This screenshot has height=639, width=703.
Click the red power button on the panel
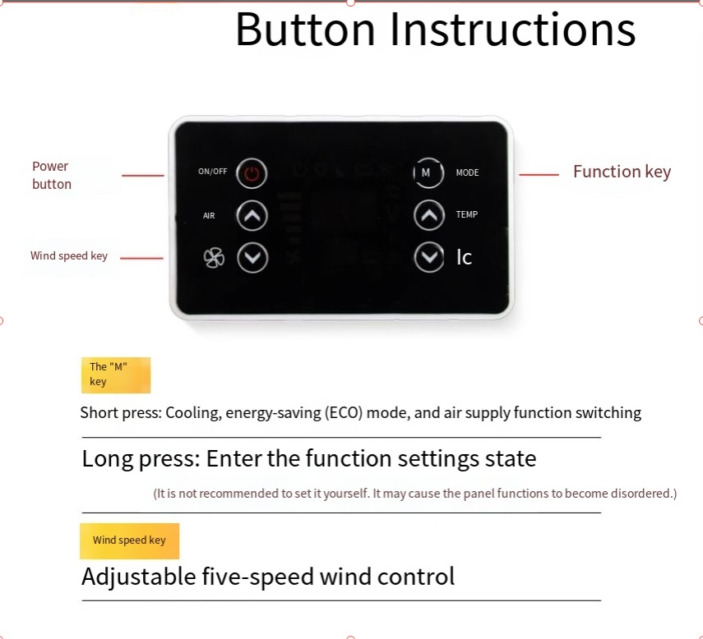(x=252, y=173)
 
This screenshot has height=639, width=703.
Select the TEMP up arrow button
(x=428, y=216)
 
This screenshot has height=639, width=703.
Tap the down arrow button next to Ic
(x=428, y=258)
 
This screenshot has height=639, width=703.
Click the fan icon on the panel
(x=214, y=259)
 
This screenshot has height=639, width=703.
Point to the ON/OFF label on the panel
(x=212, y=172)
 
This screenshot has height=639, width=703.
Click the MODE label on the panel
(x=467, y=172)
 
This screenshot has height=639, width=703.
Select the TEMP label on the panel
(x=466, y=214)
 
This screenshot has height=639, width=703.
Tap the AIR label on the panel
(x=209, y=216)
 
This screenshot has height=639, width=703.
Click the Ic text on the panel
(x=464, y=258)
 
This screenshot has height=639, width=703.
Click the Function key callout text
(x=622, y=172)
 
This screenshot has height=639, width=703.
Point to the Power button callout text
(x=51, y=175)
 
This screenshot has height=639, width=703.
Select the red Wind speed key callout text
(x=69, y=255)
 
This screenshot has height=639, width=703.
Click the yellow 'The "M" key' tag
(x=115, y=375)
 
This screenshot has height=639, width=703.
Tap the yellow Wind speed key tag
(x=129, y=540)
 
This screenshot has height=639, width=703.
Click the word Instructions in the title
(x=512, y=30)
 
